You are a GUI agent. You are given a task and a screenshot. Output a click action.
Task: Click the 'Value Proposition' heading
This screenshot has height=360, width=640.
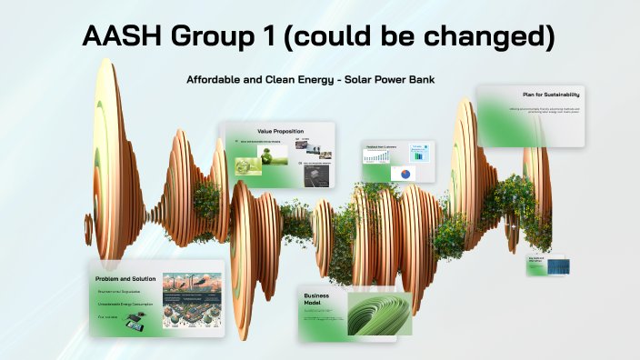(x=279, y=131)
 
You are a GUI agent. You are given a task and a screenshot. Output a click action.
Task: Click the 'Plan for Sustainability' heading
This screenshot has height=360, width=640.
(x=551, y=95)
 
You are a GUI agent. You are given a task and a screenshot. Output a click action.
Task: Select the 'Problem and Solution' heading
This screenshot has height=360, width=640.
(x=126, y=278)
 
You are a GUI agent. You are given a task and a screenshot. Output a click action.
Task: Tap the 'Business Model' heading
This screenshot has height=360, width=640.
(x=316, y=301)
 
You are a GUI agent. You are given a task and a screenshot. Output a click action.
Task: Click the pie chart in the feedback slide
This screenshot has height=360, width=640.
(x=405, y=174)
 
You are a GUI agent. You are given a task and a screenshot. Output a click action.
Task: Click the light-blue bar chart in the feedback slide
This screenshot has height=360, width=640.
(x=419, y=151)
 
